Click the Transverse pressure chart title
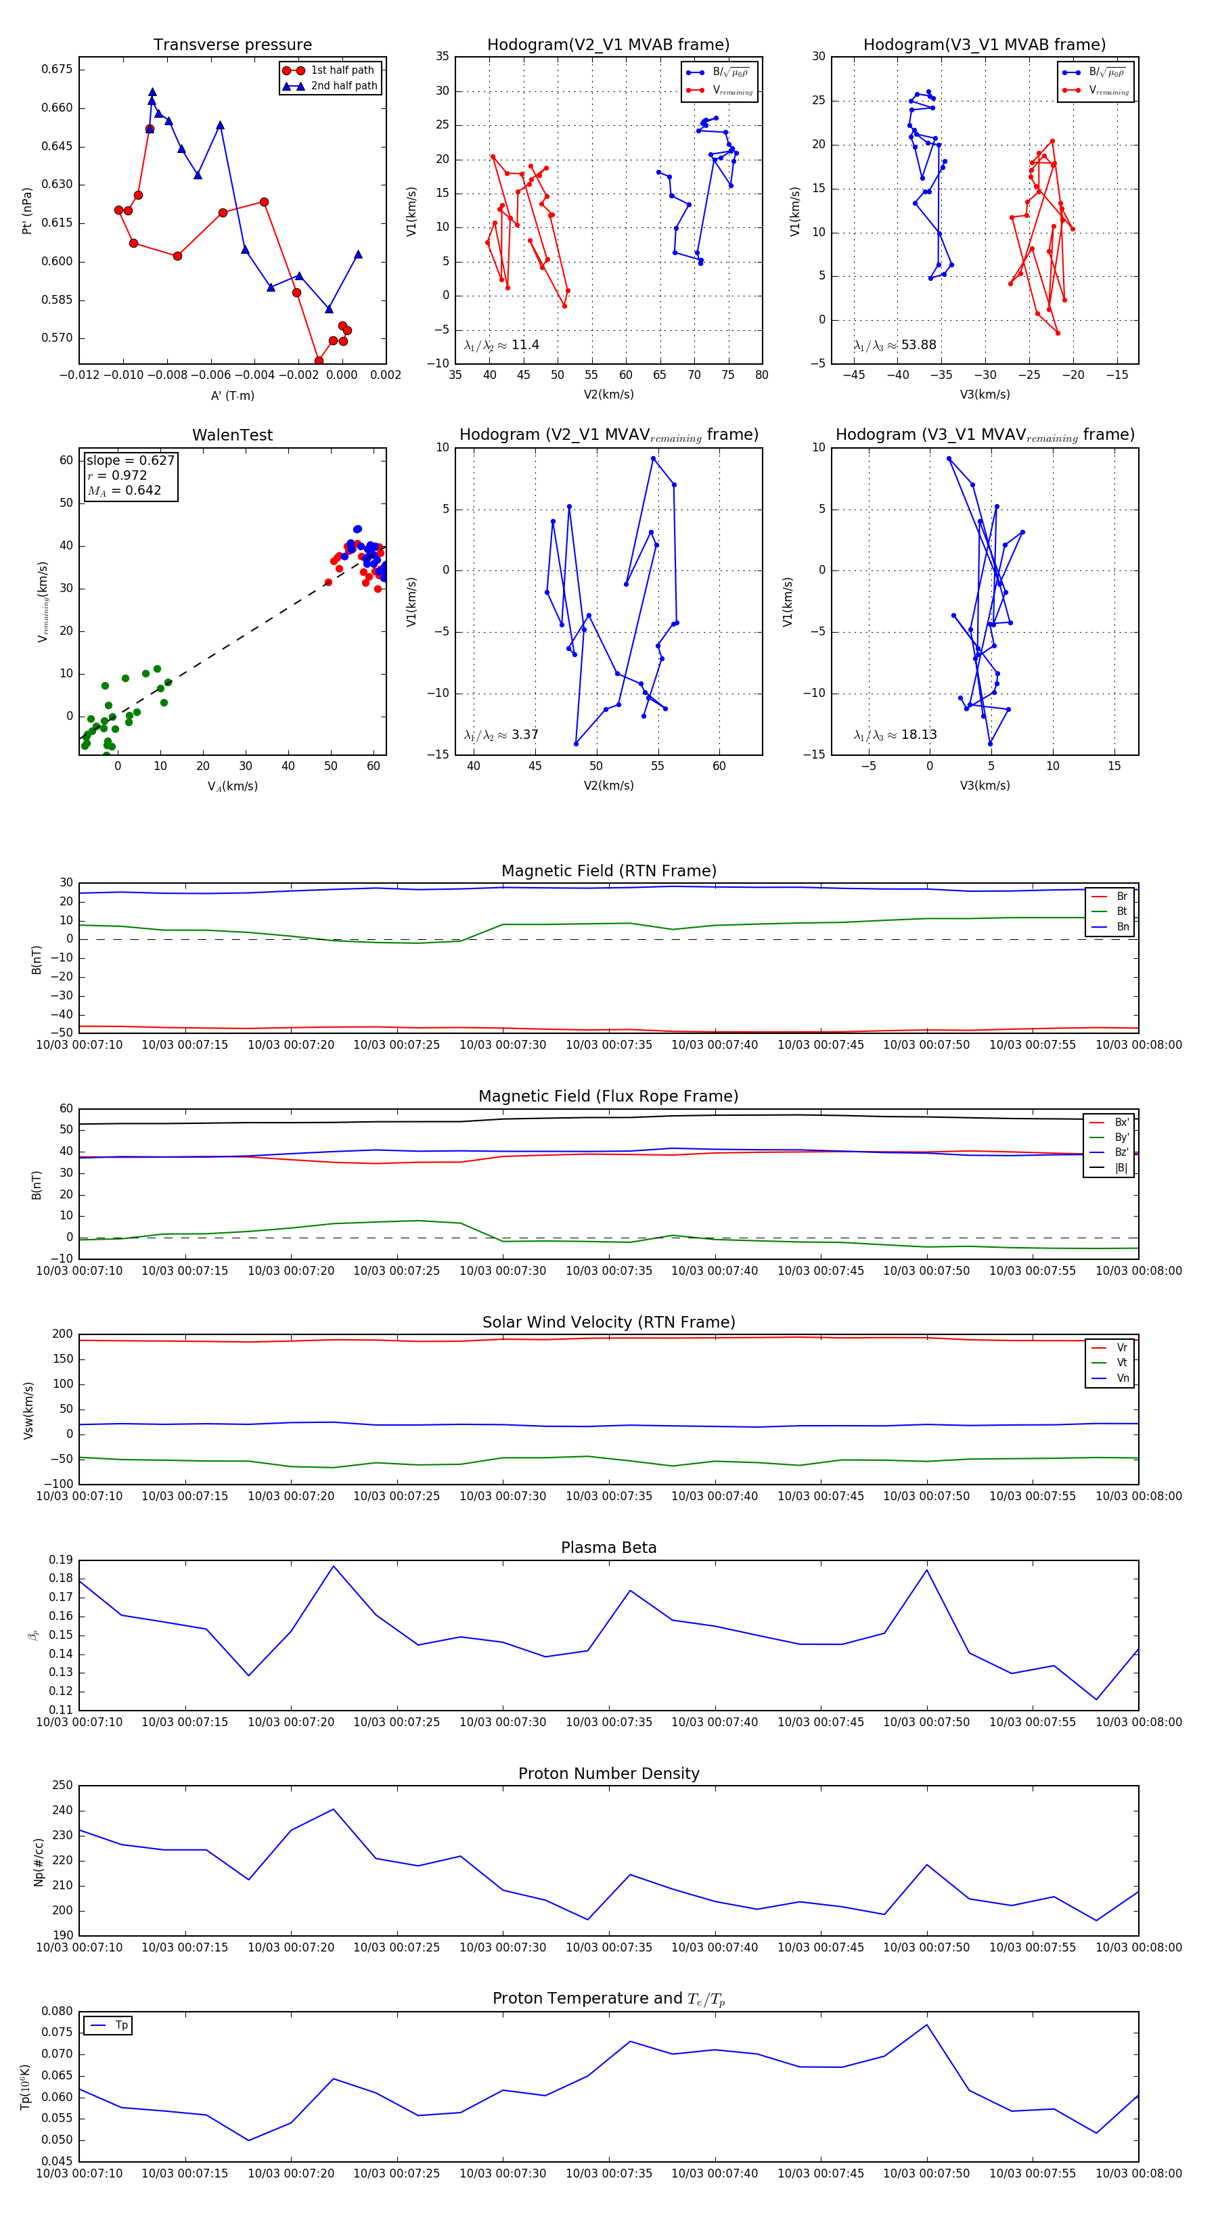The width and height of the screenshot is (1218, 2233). pos(232,45)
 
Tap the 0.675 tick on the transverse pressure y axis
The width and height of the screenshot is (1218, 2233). pos(58,69)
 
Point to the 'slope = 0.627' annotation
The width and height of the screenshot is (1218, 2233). pos(130,460)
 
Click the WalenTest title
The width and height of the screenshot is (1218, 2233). pos(232,435)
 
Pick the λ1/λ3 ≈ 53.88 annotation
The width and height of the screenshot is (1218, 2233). pos(895,345)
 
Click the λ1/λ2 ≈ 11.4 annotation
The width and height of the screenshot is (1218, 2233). pos(501,345)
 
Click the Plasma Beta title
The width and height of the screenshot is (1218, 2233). pos(608,1548)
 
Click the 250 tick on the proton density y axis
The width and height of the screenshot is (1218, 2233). pos(62,1785)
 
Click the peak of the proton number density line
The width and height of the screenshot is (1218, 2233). pos(334,1809)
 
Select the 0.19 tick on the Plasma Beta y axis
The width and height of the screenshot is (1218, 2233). pos(61,1560)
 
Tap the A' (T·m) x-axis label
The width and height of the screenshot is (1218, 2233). pos(232,395)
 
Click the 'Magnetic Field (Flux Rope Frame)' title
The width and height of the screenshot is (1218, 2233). pos(608,1097)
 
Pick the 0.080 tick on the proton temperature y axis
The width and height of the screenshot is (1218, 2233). pos(58,2011)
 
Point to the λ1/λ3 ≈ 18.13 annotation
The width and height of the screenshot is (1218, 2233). pos(895,735)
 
